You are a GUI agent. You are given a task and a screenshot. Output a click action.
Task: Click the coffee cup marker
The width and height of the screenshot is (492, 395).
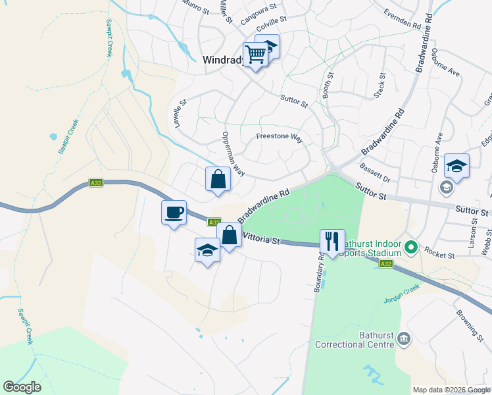coord(174,213)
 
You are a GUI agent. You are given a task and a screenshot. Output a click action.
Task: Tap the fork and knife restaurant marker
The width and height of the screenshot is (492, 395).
coord(332,242)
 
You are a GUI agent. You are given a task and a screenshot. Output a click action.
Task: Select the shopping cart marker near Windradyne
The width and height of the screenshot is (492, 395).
coord(255,54)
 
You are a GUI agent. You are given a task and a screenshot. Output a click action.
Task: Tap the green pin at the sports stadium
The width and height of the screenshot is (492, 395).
coord(411,248)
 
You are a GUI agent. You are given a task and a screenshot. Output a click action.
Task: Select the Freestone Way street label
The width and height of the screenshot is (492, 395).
coord(279,138)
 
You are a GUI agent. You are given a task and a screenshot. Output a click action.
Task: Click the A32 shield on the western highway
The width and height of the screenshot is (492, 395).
coord(96,183)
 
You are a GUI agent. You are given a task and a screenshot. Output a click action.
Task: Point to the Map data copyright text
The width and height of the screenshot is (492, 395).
coord(451,390)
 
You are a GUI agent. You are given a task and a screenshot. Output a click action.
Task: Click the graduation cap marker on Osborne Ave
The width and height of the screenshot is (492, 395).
coord(456,167)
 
